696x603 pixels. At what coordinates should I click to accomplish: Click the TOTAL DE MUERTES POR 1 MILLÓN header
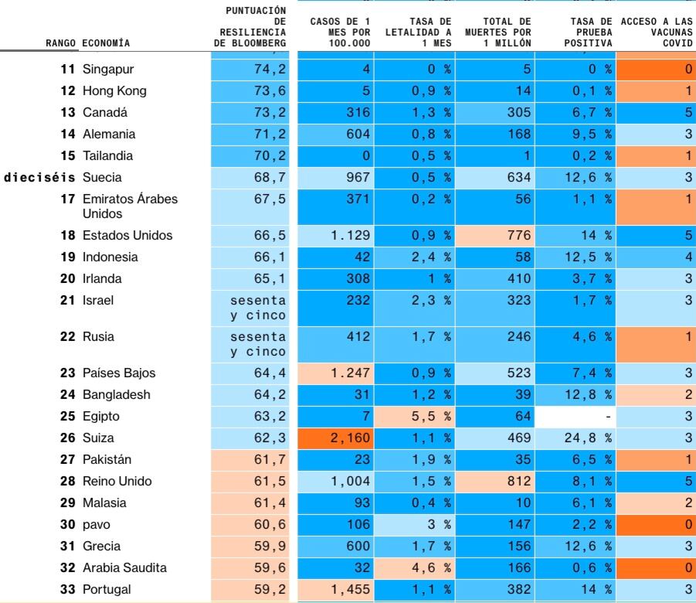498,32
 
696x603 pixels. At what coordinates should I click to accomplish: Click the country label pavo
97,524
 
